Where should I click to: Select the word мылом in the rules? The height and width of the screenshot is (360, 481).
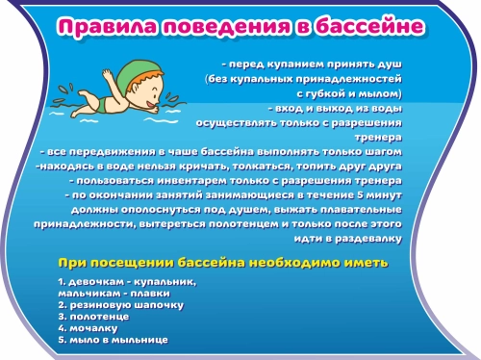(385, 94)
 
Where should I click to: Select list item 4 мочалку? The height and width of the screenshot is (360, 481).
(88, 328)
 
